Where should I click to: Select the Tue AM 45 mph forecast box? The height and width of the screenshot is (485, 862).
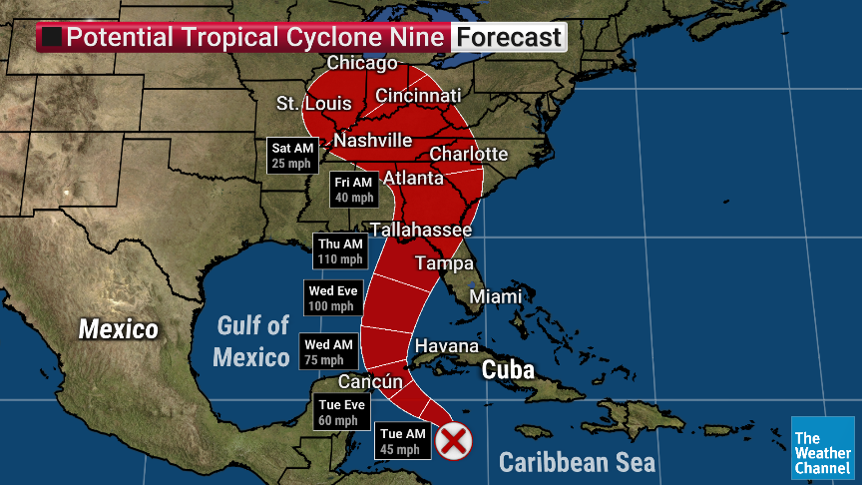click(403, 441)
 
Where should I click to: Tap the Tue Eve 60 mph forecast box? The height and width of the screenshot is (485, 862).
click(341, 412)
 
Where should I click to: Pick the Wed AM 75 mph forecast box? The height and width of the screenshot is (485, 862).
click(328, 352)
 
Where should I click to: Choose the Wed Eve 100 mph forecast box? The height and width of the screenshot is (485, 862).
click(331, 298)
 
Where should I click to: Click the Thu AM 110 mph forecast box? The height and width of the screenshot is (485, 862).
click(340, 251)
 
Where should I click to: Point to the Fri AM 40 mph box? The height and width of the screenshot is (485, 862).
click(353, 190)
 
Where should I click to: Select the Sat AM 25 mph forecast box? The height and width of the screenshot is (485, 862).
click(292, 156)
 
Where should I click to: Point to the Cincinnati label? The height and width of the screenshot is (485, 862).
click(418, 96)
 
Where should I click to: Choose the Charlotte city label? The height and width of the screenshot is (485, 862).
click(468, 154)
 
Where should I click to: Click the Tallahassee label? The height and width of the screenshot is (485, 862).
click(420, 230)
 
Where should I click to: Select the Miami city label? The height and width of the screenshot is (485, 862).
click(495, 296)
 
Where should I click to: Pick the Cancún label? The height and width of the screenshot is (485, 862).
click(370, 381)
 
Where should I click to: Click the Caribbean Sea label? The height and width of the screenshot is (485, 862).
click(577, 462)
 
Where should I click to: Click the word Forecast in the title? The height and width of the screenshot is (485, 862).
click(509, 38)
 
